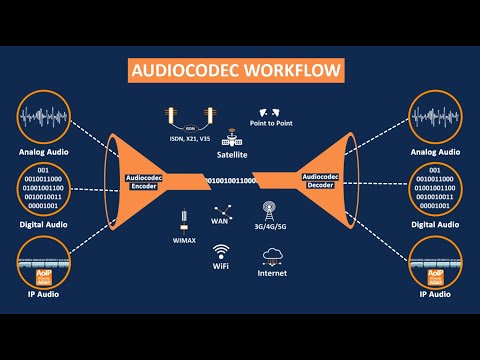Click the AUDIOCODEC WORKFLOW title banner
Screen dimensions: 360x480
pyautogui.click(x=239, y=71)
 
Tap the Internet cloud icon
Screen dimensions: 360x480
pyautogui.click(x=272, y=253)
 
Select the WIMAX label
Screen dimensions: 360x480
pyautogui.click(x=184, y=241)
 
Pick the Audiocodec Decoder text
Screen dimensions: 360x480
pyautogui.click(x=319, y=180)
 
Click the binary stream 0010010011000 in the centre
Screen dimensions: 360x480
pyautogui.click(x=231, y=180)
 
